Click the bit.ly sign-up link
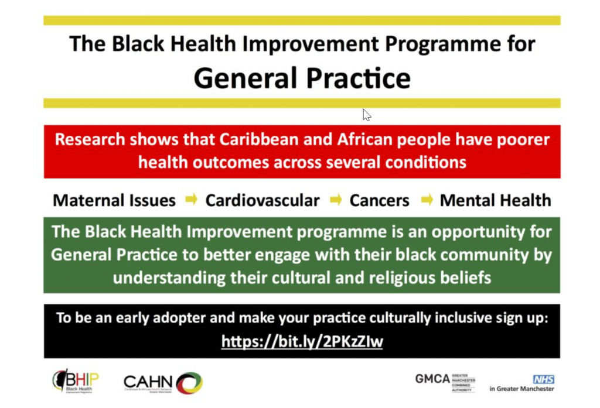[302, 341]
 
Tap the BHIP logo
[76, 381]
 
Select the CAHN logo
[163, 383]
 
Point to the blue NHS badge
[543, 379]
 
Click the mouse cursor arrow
[367, 115]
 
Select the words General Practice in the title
[302, 78]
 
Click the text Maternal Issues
[114, 200]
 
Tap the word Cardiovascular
[262, 200]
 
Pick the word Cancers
[379, 200]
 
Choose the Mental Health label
[496, 200]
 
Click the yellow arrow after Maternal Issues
[192, 199]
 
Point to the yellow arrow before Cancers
[336, 199]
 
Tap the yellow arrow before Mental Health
[427, 199]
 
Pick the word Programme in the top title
[443, 43]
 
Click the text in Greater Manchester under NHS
[521, 389]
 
